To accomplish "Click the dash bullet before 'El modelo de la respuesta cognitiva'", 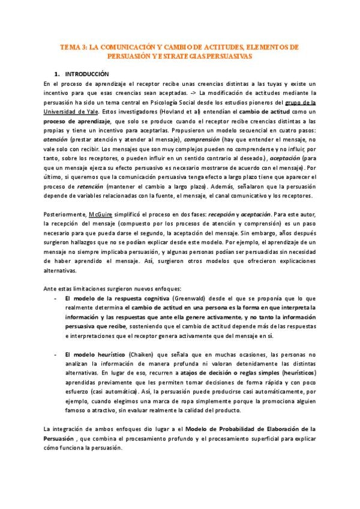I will click(55, 298).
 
